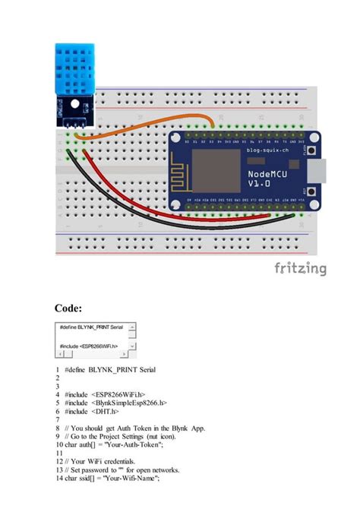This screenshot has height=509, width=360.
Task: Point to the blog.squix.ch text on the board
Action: pyautogui.click(x=268, y=151)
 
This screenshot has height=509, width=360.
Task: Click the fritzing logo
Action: pyautogui.click(x=301, y=268)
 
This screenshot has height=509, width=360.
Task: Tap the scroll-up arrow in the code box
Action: pyautogui.click(x=132, y=327)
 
